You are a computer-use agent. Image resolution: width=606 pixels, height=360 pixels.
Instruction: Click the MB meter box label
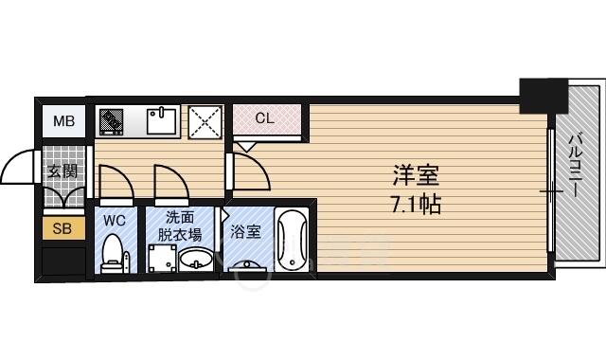63,121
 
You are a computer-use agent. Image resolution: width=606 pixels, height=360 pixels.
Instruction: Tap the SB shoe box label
62,228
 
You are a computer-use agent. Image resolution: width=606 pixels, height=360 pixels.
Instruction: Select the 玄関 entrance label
62,171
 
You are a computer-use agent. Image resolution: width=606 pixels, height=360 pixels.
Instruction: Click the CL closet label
265,117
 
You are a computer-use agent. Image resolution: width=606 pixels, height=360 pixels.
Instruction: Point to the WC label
115,221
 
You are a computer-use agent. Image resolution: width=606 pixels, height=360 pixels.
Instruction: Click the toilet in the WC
113,253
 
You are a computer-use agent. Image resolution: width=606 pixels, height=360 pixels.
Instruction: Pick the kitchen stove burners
112,121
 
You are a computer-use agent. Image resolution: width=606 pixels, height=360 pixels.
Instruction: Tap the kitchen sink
162,121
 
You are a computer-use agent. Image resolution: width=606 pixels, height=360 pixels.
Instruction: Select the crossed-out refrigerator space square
205,122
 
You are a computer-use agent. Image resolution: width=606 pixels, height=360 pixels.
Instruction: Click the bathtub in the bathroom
293,240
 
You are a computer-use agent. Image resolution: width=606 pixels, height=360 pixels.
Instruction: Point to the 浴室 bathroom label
246,231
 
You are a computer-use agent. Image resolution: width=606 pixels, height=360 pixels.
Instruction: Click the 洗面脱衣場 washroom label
180,226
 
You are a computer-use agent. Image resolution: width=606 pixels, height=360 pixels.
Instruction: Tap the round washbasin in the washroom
196,259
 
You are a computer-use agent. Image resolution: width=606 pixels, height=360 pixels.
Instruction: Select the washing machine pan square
162,258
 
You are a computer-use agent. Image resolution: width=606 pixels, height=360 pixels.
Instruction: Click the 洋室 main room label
417,174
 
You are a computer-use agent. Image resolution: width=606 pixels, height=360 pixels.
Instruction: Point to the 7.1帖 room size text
417,204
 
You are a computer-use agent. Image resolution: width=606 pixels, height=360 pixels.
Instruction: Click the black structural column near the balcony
544,96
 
